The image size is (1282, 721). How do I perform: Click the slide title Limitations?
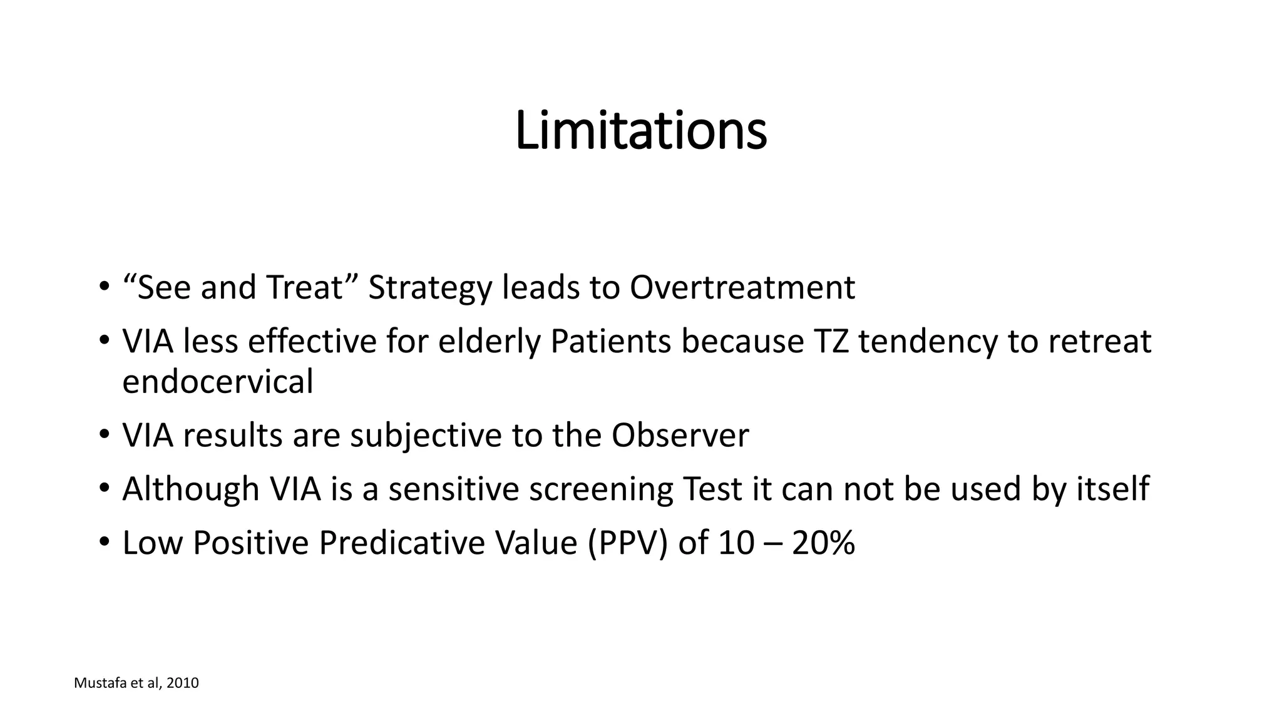[x=640, y=131]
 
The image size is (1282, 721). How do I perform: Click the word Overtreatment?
[x=742, y=288]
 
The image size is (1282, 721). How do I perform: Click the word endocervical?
[x=217, y=381]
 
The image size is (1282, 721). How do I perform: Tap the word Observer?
[x=680, y=435]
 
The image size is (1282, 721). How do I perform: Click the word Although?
[x=191, y=489]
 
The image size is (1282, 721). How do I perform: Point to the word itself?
[x=1112, y=488]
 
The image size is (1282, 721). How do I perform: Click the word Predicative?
[x=402, y=543]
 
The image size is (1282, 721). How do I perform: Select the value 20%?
[x=823, y=543]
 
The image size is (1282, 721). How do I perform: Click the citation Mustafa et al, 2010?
[x=136, y=683]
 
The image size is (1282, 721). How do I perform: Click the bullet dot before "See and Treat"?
[x=103, y=289]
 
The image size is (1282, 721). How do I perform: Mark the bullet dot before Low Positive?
[x=103, y=542]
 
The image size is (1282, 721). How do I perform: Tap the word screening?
[x=601, y=489]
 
